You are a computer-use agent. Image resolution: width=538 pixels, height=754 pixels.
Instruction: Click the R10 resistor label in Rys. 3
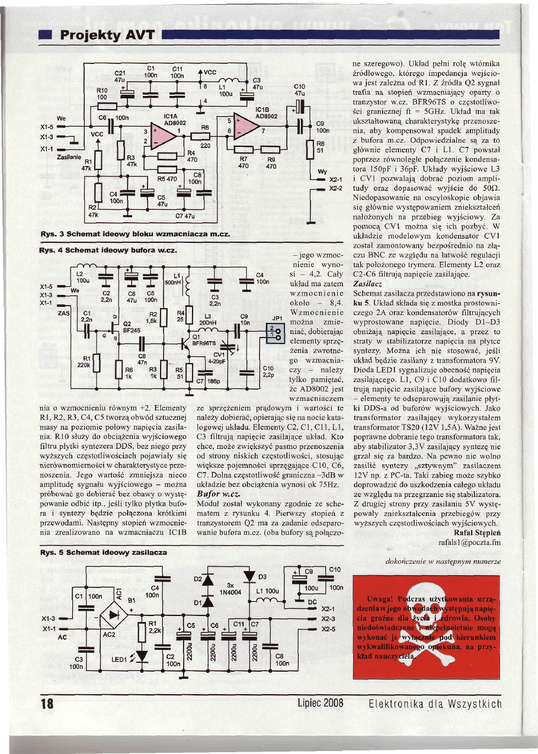(101, 91)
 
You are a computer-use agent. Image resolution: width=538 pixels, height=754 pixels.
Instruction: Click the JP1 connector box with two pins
(274, 332)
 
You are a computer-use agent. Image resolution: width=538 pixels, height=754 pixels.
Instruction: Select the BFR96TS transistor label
(203, 343)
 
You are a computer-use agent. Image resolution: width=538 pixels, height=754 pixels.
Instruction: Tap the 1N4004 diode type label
(229, 591)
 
